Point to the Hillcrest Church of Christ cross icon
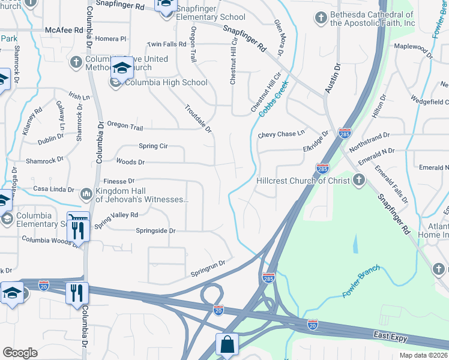pyautogui.click(x=358, y=180)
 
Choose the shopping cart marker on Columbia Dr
pyautogui.click(x=79, y=220)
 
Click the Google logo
pyautogui.click(x=20, y=353)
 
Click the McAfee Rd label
pyautogui.click(x=64, y=29)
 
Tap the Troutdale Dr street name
pyautogui.click(x=198, y=118)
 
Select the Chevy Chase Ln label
pyautogui.click(x=282, y=134)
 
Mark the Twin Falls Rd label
pyautogui.click(x=167, y=44)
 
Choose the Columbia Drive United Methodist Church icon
pyautogui.click(x=76, y=61)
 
